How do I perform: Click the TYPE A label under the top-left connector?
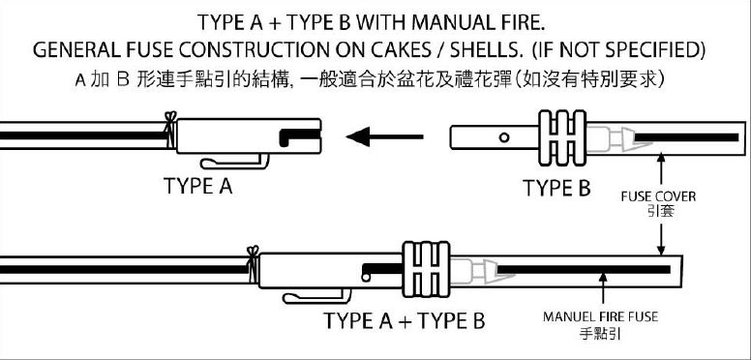pos(197,186)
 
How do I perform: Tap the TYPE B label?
pos(556,188)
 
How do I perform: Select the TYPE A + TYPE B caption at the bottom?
pos(405,320)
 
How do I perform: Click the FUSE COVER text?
pos(658,196)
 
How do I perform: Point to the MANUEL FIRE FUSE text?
pos(600,316)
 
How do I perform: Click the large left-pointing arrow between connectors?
pos(384,136)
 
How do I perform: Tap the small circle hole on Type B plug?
pos(504,137)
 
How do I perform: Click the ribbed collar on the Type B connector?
pos(562,137)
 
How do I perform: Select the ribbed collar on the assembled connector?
pos(426,270)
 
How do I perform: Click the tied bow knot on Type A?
pos(170,129)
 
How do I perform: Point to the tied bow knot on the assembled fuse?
pos(253,263)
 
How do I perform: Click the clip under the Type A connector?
pos(234,162)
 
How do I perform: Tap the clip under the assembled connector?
pos(316,296)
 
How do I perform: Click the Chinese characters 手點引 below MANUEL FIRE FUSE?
pos(600,333)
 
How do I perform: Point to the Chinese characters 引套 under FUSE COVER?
pos(660,211)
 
